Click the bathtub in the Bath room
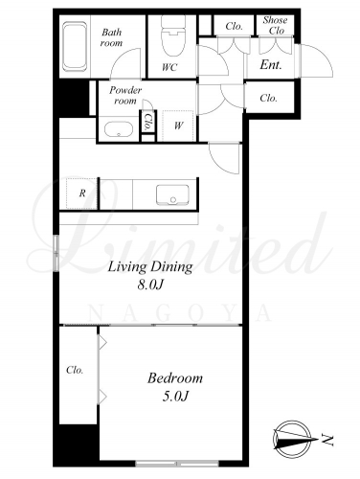75,47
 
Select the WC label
169,67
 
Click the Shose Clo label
275,25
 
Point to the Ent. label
271,65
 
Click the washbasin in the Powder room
119,129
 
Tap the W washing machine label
178,125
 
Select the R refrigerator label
82,193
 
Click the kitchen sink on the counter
172,194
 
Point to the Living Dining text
150,266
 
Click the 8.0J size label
150,285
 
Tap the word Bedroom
175,378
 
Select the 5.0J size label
175,397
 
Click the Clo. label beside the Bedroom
75,370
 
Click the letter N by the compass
327,440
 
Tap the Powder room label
125,96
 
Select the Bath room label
111,37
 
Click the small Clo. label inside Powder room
147,122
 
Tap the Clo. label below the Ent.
268,98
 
